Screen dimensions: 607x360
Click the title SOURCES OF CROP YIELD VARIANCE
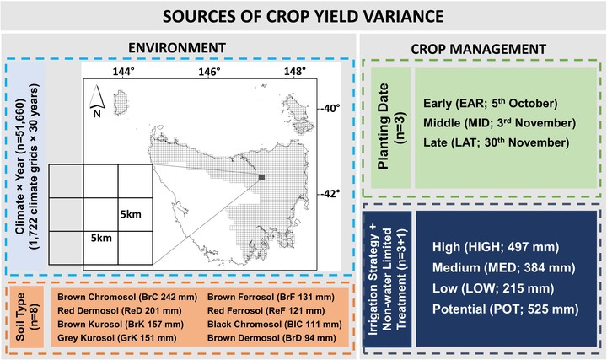[303, 16]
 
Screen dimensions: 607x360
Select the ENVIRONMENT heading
[177, 47]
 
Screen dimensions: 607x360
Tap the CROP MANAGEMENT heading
[479, 49]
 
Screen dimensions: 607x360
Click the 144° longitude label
[124, 71]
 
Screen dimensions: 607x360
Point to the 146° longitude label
[209, 71]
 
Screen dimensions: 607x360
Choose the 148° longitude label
[294, 71]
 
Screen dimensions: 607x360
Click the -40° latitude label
[330, 108]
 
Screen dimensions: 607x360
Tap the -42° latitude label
[330, 193]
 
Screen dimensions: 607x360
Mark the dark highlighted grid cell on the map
[261, 177]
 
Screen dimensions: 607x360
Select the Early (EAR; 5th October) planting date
[490, 103]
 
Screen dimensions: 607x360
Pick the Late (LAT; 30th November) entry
[497, 142]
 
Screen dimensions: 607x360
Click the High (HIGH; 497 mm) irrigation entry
[496, 247]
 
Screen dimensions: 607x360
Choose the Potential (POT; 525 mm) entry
[506, 309]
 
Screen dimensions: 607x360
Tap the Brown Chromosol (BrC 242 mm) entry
[127, 297]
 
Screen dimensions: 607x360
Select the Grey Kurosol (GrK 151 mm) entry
[117, 337]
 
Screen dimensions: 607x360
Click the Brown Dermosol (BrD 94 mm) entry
[271, 337]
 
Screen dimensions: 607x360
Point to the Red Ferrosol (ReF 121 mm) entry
[266, 310]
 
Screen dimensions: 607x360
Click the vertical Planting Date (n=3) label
[391, 126]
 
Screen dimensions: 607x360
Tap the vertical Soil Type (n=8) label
[25, 317]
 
